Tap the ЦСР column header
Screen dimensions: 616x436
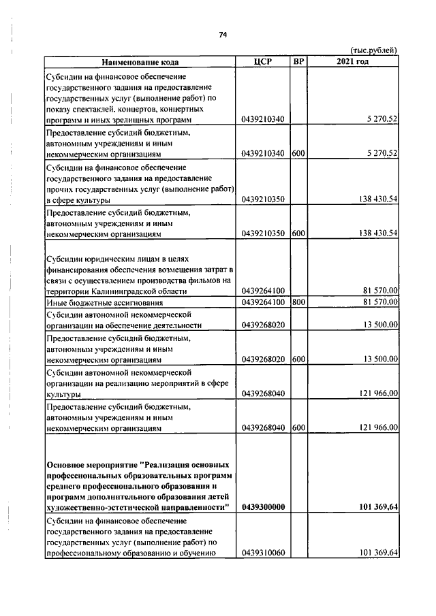[262, 62]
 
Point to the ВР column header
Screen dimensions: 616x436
[298, 62]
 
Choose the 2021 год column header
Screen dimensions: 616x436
[353, 62]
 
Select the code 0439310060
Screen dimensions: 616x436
[263, 553]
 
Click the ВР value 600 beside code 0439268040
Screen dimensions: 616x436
[298, 428]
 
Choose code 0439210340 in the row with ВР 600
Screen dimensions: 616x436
[263, 154]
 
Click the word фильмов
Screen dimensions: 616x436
[202, 280]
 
